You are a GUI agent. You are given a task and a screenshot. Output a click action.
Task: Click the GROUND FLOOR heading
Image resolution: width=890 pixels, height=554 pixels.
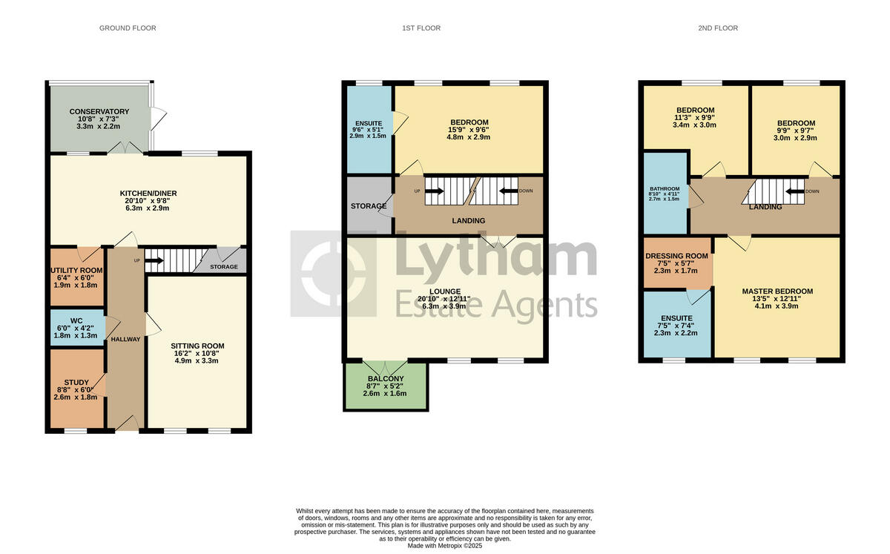pyautogui.click(x=128, y=28)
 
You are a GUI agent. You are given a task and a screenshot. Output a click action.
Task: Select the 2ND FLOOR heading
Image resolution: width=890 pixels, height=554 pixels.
pyautogui.click(x=718, y=28)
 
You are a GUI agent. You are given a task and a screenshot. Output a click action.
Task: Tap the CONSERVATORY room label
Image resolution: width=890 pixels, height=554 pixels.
pyautogui.click(x=99, y=111)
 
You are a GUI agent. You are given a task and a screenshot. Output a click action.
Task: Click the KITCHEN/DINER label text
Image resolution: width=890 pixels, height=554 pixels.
pyautogui.click(x=148, y=194)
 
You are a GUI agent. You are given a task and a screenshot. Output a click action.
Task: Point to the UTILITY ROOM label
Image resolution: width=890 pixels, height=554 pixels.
pyautogui.click(x=77, y=271)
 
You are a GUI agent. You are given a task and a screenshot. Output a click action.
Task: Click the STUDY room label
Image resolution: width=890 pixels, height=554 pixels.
pyautogui.click(x=76, y=383)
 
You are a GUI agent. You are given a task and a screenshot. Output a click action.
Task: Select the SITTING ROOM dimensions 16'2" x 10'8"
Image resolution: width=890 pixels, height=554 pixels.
pyautogui.click(x=197, y=355)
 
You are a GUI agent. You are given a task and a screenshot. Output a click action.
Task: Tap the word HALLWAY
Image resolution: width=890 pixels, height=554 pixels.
pyautogui.click(x=125, y=339)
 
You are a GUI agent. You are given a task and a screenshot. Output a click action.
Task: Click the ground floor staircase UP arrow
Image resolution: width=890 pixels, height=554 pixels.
pyautogui.click(x=154, y=260)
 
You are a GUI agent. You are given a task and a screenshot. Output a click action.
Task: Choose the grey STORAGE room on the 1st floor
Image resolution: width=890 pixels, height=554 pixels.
pyautogui.click(x=369, y=206)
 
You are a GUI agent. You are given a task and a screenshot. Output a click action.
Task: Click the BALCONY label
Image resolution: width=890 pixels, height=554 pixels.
pyautogui.click(x=385, y=377)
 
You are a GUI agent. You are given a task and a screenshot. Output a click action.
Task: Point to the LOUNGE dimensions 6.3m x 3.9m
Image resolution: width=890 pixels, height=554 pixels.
pyautogui.click(x=444, y=306)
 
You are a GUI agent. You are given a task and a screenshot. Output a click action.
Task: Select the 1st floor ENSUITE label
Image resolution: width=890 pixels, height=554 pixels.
pyautogui.click(x=368, y=121)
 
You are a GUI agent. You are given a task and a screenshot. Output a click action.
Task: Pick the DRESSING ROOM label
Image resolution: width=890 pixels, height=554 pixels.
pyautogui.click(x=676, y=256)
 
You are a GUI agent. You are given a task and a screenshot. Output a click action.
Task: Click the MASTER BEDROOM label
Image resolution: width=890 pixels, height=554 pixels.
pyautogui.click(x=777, y=291)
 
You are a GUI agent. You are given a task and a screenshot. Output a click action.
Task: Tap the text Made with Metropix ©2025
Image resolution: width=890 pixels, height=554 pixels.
pyautogui.click(x=445, y=547)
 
